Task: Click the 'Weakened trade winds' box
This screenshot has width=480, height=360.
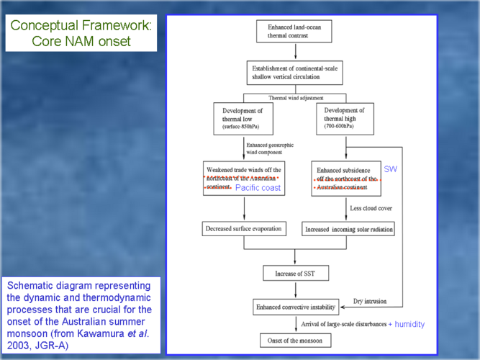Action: pyautogui.click(x=245, y=177)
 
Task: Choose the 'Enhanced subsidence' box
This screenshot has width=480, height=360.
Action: pyautogui.click(x=346, y=177)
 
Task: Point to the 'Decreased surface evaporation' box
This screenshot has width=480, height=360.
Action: pyautogui.click(x=244, y=228)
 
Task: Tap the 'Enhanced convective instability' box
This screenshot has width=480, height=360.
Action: pyautogui.click(x=294, y=307)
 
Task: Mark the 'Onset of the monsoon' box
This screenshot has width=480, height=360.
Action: pyautogui.click(x=295, y=339)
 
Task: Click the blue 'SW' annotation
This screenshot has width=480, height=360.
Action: pyautogui.click(x=390, y=168)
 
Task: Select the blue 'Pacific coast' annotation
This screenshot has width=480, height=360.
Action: pyautogui.click(x=258, y=187)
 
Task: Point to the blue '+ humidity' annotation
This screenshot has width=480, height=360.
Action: pyautogui.click(x=406, y=325)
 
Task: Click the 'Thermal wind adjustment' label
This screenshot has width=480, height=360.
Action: pyautogui.click(x=295, y=97)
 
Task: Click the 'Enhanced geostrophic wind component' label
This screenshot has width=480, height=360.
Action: pyautogui.click(x=268, y=149)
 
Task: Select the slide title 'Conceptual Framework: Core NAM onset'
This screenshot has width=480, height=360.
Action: pyautogui.click(x=81, y=33)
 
